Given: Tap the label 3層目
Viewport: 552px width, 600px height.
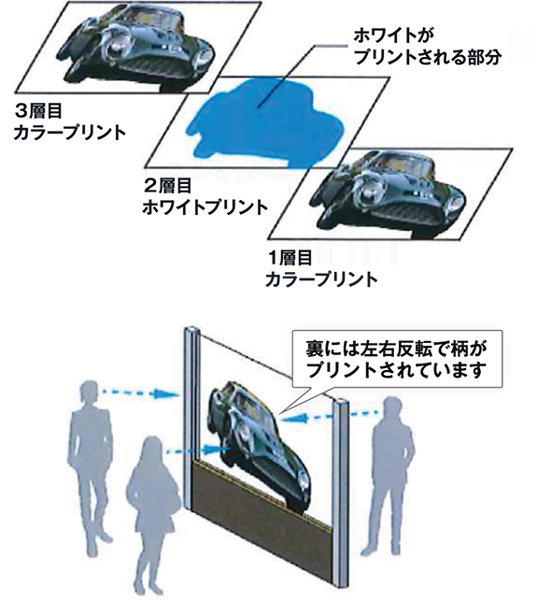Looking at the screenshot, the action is (38, 111).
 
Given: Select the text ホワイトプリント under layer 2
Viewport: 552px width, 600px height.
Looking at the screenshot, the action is (205, 207).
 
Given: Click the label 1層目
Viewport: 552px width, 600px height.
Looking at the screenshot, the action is (290, 258).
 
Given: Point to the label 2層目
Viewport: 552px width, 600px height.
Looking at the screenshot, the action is (167, 186).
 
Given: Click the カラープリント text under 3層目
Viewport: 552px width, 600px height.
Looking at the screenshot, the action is (70, 133).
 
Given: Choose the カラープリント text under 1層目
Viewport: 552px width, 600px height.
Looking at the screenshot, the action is (321, 279).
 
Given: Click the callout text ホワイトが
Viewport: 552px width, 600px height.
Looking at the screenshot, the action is (394, 36).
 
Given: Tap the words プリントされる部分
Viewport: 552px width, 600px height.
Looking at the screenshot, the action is (427, 57).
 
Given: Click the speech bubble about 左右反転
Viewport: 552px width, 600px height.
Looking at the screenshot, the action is (397, 359).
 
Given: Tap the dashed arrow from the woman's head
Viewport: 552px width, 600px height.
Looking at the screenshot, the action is (199, 450).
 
